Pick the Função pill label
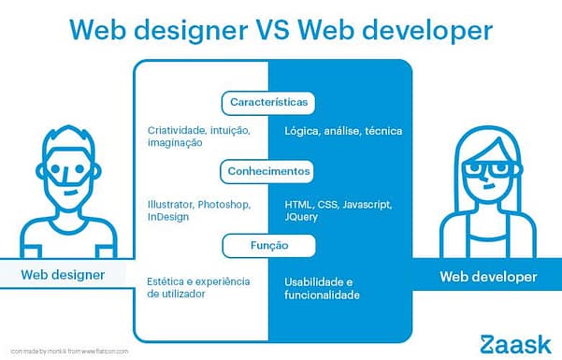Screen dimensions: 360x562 (x=268, y=246)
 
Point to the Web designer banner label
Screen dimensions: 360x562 (x=63, y=275)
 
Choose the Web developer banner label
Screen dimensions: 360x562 (x=488, y=277)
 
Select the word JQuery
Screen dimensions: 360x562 (x=301, y=217)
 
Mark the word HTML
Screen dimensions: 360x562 (x=298, y=204)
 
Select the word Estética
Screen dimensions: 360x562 (x=166, y=281)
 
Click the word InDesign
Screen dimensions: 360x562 (x=168, y=217)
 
